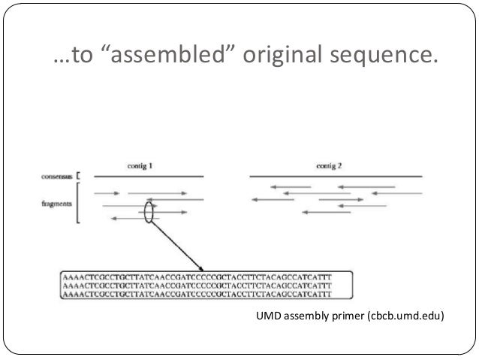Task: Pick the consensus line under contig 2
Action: [x=336, y=177]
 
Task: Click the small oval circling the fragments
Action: [x=149, y=211]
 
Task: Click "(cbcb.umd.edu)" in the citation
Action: [x=405, y=316]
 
